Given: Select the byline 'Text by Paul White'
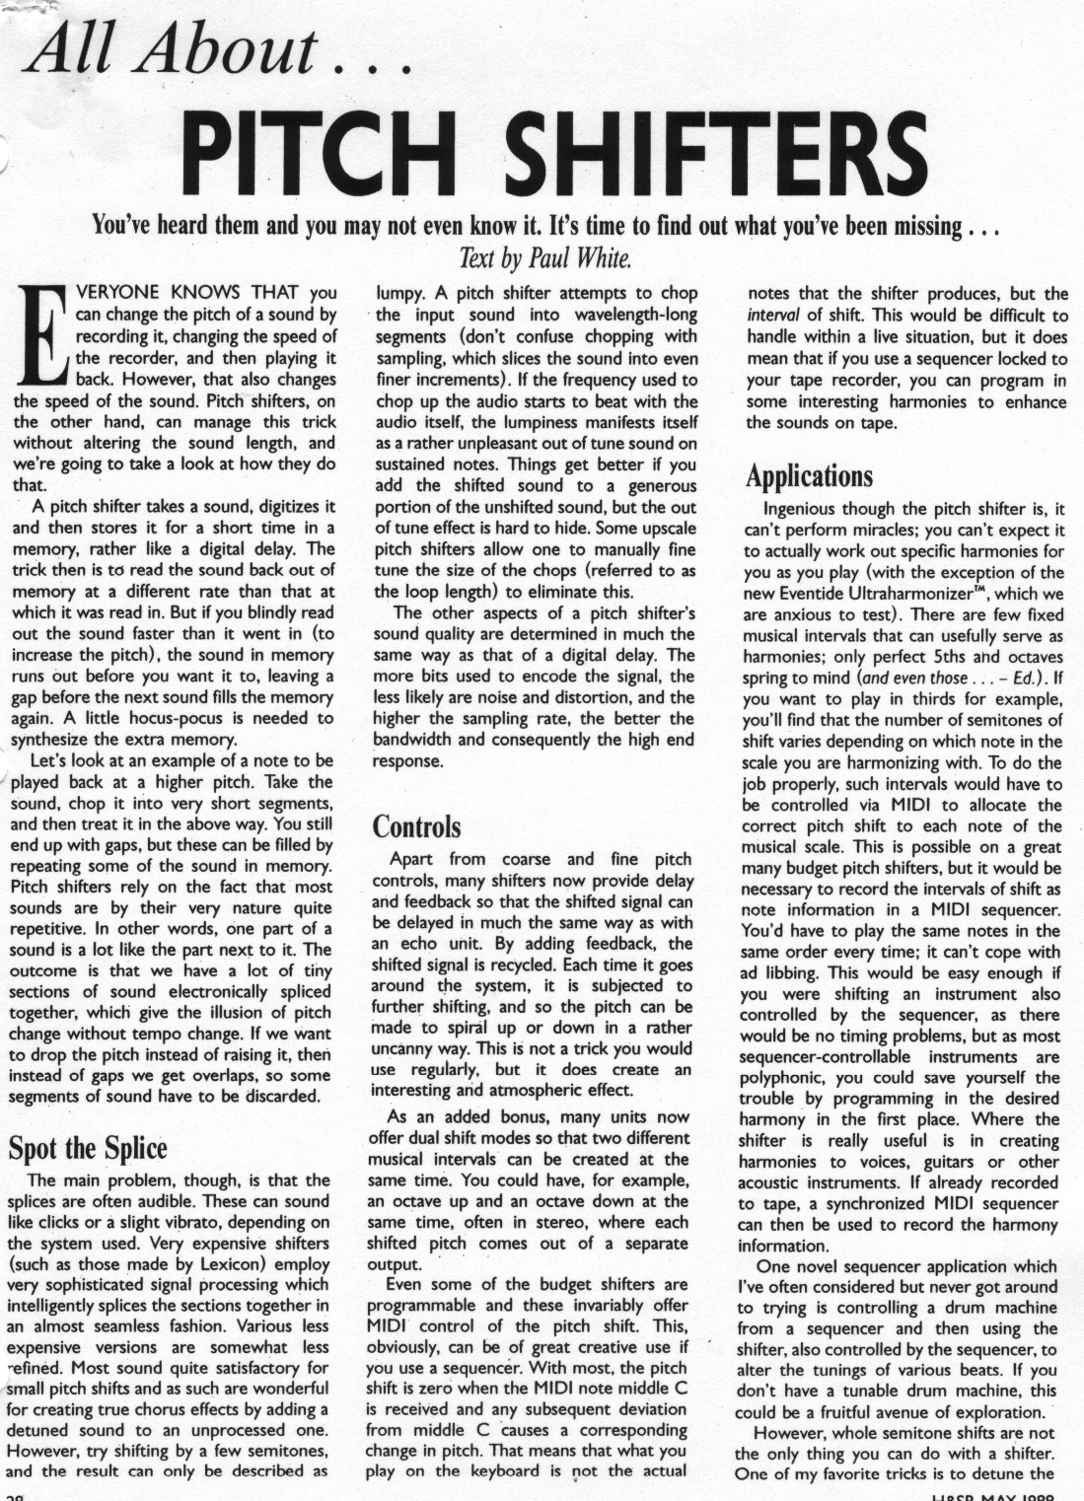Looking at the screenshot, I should point(544,259).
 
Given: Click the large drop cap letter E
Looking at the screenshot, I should point(40,335).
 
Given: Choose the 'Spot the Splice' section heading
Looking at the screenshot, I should point(88,1148).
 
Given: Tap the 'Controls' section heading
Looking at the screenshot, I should point(417,826).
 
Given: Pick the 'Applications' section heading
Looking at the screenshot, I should point(809,476).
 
